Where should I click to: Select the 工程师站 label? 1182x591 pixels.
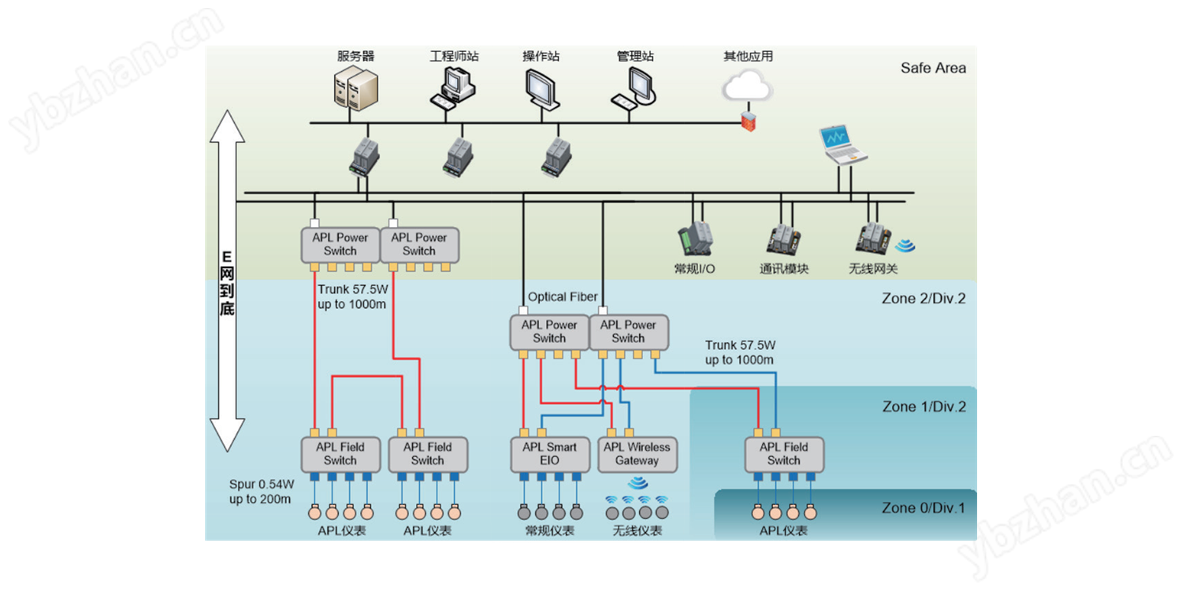point(454,56)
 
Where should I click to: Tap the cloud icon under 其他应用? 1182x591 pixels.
point(747,84)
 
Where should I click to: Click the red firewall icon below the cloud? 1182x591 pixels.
point(748,121)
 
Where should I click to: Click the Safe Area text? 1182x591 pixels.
point(933,68)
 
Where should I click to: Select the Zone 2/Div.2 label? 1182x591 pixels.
point(924,299)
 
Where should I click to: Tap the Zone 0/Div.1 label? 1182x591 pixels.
point(923,508)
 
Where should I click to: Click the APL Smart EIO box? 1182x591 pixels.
point(549,455)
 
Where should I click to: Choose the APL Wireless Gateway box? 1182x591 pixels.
point(637,455)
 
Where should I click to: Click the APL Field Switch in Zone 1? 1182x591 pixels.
point(784,455)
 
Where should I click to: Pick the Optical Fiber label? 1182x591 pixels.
point(563,297)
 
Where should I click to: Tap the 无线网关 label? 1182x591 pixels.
point(873,269)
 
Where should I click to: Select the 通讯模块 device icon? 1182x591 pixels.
point(784,238)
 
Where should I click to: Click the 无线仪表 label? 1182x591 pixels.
point(637,531)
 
